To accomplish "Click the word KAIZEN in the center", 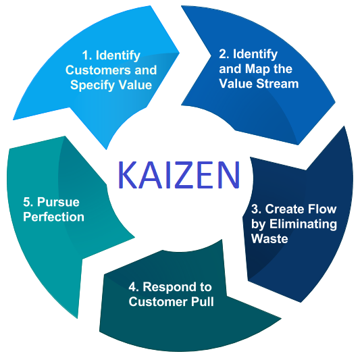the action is point(179,175).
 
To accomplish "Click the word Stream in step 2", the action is point(278,84).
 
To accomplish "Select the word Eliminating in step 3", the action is point(303,224).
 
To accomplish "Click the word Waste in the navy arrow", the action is point(269,239).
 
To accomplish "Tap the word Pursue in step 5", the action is point(58,202).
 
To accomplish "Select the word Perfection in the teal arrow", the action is point(53,217).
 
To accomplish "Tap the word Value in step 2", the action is point(236,84).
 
